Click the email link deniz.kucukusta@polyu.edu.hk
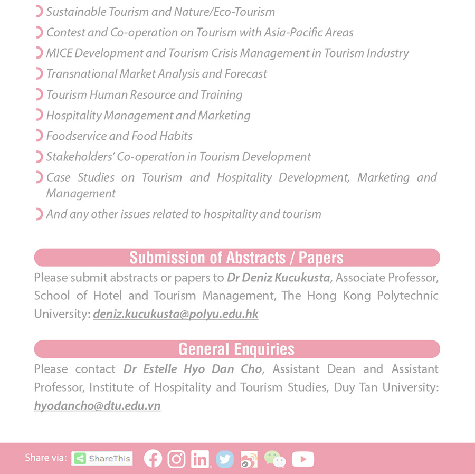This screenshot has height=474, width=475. (x=176, y=314)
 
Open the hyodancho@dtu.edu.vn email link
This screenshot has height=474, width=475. (x=97, y=405)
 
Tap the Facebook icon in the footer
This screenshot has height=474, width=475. (x=153, y=459)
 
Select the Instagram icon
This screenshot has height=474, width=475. (x=177, y=459)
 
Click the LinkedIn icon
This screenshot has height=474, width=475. (x=201, y=459)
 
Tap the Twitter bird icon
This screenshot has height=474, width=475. (x=225, y=459)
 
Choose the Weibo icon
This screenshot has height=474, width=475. (x=249, y=459)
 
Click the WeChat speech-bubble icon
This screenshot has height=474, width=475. (x=274, y=459)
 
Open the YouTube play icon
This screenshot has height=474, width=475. (x=302, y=459)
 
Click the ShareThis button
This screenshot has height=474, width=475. (x=102, y=458)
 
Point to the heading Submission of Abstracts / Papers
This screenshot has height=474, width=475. (x=236, y=258)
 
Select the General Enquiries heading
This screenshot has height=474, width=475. (x=236, y=349)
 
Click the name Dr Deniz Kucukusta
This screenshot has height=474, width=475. (x=279, y=277)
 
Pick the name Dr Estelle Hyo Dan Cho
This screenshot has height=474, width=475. (x=193, y=368)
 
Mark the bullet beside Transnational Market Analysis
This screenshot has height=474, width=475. (x=39, y=74)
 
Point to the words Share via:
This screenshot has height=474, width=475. (x=45, y=458)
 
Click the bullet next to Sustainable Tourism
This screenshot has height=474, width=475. (x=39, y=12)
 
